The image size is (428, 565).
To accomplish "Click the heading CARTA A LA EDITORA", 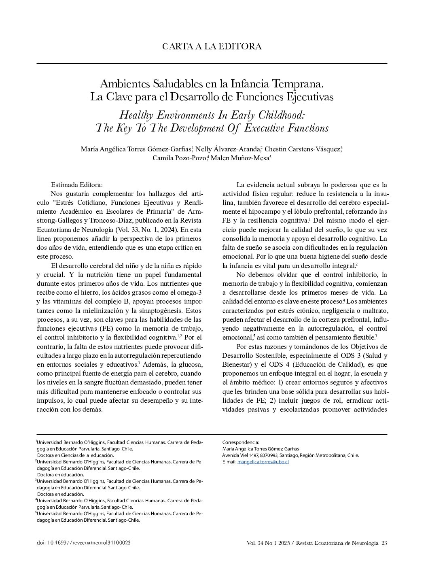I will point(212,47).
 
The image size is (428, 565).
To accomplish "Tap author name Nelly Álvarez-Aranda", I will point(228,149).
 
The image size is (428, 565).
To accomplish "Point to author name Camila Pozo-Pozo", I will point(179,158).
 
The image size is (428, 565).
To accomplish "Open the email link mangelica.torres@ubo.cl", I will point(263,462).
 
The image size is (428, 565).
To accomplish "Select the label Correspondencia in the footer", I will point(241,442).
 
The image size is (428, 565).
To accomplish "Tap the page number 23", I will point(384,543).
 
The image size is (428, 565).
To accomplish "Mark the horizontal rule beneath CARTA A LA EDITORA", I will point(212,63).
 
